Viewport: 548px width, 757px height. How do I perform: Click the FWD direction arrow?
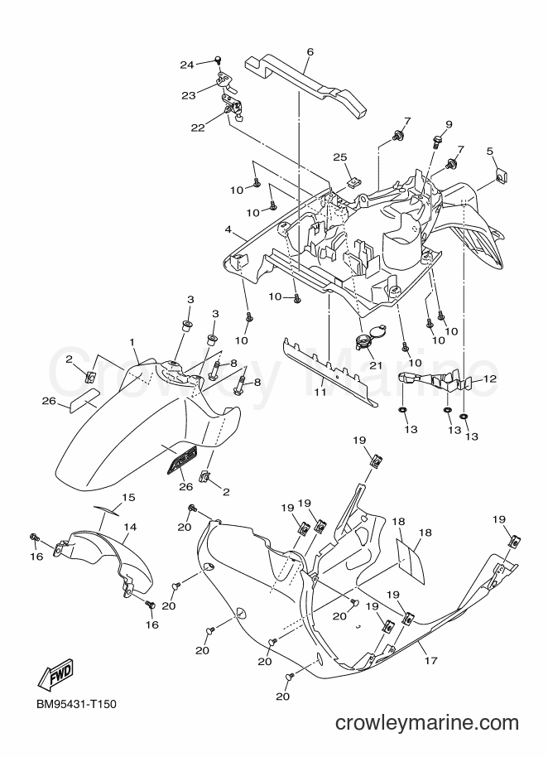pyautogui.click(x=55, y=674)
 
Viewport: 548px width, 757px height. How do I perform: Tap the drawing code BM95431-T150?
pyautogui.click(x=76, y=704)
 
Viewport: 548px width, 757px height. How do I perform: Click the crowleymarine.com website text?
pyautogui.click(x=427, y=723)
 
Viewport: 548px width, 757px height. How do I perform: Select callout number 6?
pyautogui.click(x=310, y=51)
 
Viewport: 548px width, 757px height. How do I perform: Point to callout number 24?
pyautogui.click(x=187, y=65)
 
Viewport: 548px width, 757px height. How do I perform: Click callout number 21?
pyautogui.click(x=376, y=365)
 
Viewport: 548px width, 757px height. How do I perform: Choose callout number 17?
pyautogui.click(x=430, y=660)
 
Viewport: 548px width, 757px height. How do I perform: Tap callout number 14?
pyautogui.click(x=130, y=527)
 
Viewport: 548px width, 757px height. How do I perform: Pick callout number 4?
pyautogui.click(x=228, y=229)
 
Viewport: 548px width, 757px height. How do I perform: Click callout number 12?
pyautogui.click(x=489, y=379)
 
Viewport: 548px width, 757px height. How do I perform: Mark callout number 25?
pyautogui.click(x=340, y=157)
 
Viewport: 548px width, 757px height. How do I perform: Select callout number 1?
pyautogui.click(x=132, y=342)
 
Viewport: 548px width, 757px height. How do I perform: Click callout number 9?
pyautogui.click(x=449, y=124)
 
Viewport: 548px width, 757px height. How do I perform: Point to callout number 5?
pyautogui.click(x=490, y=151)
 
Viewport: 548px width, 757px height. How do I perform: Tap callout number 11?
pyautogui.click(x=320, y=392)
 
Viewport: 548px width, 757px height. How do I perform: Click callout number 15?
pyautogui.click(x=128, y=497)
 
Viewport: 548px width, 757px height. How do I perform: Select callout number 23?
pyautogui.click(x=189, y=95)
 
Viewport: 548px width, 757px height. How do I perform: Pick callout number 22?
pyautogui.click(x=198, y=128)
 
